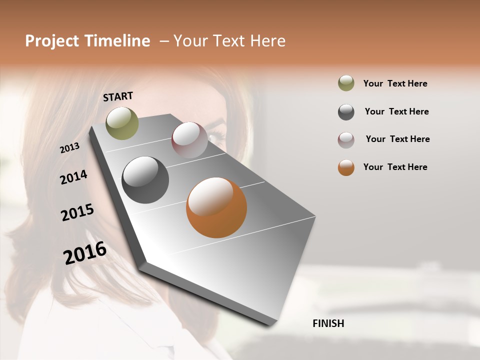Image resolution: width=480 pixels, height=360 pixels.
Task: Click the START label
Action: click(118, 96)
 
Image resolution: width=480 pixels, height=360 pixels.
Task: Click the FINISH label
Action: click(328, 323)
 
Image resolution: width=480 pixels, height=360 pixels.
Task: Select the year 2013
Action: click(69, 148)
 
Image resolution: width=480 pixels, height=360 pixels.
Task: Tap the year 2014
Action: click(73, 177)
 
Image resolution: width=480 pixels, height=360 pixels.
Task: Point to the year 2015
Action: click(77, 212)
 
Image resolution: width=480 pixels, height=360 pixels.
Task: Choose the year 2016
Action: click(85, 252)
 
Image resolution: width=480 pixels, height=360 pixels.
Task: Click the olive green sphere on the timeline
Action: click(122, 123)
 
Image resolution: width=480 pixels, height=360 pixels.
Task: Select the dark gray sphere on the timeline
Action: click(145, 180)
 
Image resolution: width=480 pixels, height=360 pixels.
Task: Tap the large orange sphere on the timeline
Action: click(216, 207)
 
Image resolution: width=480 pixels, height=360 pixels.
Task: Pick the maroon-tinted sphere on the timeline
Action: click(189, 140)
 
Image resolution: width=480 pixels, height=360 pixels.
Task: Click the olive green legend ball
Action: click(346, 83)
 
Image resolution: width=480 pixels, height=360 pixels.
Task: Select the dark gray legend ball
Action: click(346, 111)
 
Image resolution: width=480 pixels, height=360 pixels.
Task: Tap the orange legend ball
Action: click(346, 167)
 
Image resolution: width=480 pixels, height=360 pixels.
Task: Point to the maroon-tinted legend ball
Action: click(346, 139)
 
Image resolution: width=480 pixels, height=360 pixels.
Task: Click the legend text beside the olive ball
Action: click(395, 83)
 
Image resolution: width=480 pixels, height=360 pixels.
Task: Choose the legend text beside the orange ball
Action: click(395, 167)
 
